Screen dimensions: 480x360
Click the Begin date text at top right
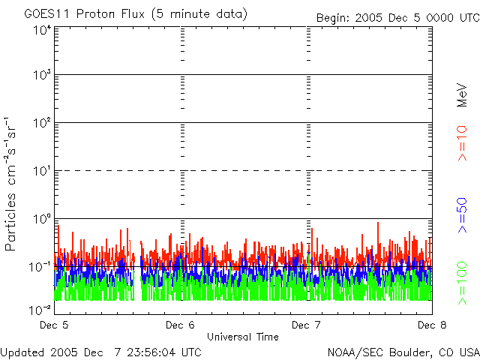tap(398, 18)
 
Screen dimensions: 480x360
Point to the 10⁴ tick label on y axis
tap(42, 31)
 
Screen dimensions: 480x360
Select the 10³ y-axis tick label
tap(42, 75)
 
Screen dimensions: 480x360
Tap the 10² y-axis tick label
tap(42, 123)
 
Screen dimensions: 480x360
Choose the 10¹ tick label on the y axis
tap(42, 171)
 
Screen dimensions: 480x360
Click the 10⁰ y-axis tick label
tap(42, 219)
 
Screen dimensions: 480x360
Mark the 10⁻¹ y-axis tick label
tap(40, 267)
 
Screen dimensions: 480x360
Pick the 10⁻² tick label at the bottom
tap(40, 310)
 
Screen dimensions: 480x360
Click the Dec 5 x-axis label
tap(54, 325)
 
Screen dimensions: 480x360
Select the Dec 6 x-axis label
tap(180, 325)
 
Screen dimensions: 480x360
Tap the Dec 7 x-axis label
tap(306, 325)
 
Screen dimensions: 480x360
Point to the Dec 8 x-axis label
tap(432, 325)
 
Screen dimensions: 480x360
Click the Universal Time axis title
tap(243, 337)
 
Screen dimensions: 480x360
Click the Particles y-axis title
tap(10, 184)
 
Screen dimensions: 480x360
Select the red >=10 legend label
tap(462, 143)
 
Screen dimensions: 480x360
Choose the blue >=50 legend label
tap(462, 215)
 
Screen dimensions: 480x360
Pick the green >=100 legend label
tap(462, 283)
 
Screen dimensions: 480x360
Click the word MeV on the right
tap(462, 95)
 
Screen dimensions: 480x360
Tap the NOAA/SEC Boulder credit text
tap(403, 352)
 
